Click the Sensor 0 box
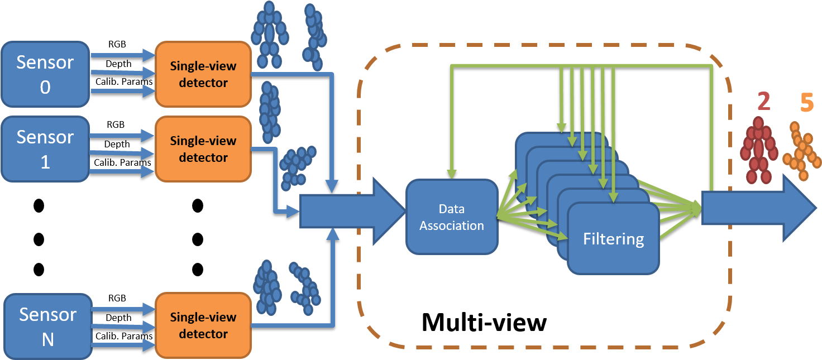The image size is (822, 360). [x=45, y=74]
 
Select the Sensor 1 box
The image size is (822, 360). [x=45, y=148]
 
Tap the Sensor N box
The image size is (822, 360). [x=48, y=326]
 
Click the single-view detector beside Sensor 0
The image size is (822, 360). [x=203, y=74]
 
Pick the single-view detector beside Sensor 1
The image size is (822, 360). [x=203, y=148]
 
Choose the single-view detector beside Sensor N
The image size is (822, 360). [x=203, y=325]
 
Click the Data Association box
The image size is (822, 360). [x=451, y=217]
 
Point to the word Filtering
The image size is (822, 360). [x=613, y=239]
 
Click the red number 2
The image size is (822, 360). [x=763, y=102]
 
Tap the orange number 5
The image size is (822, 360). [x=807, y=103]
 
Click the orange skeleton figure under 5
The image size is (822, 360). [x=801, y=152]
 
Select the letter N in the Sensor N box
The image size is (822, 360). [x=48, y=339]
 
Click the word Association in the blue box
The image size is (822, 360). [x=451, y=225]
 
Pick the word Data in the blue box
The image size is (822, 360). [x=451, y=209]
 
